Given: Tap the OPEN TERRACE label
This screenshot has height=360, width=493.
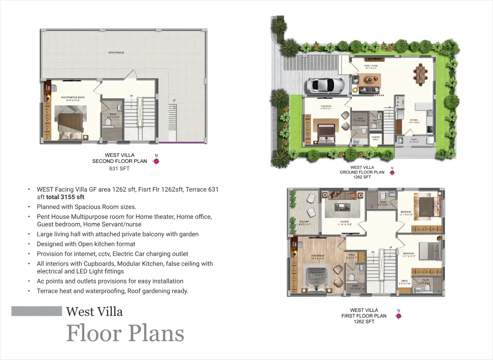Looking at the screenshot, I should [116, 53].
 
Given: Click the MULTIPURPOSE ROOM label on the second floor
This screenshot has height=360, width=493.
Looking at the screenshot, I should [73, 98].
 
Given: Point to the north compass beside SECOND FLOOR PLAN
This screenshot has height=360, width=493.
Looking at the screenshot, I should [156, 161].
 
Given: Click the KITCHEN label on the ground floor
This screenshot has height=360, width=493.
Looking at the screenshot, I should [414, 120].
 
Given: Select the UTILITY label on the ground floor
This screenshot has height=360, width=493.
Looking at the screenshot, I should [414, 140].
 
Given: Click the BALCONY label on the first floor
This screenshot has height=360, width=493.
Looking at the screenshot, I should [304, 222].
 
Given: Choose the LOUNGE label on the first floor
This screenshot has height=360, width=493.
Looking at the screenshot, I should [344, 222].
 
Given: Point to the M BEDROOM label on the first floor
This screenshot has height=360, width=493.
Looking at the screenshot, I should [318, 256].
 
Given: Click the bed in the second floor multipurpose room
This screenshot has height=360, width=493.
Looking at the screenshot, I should [71, 127].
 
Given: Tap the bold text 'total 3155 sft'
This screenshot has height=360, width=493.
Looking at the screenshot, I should [65, 197].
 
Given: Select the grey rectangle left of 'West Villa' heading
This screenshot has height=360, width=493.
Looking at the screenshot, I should [37, 311].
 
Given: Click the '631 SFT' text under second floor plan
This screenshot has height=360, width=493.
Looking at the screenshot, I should [119, 169].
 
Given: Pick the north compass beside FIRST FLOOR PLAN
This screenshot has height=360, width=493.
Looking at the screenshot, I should [398, 316].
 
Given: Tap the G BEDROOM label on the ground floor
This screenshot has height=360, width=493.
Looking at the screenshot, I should [326, 106].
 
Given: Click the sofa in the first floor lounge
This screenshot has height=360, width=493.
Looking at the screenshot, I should [342, 195].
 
